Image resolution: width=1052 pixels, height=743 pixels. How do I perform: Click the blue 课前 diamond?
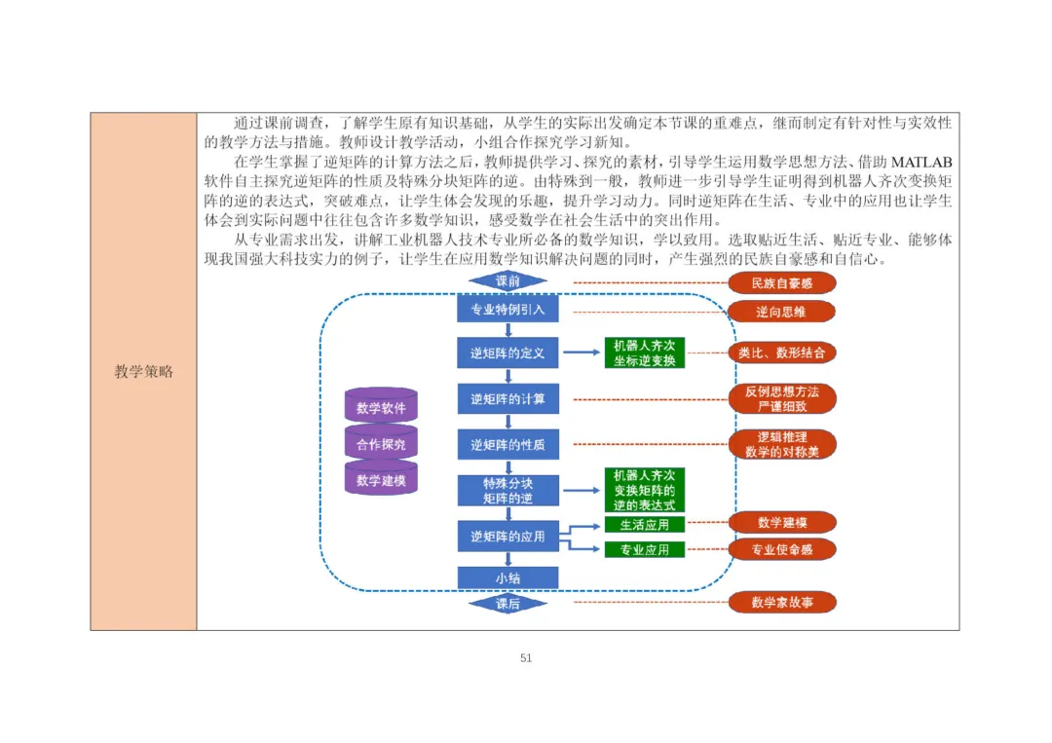(507, 281)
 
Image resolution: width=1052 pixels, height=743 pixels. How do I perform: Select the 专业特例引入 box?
(507, 309)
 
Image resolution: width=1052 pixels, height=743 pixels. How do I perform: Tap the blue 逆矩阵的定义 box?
(507, 353)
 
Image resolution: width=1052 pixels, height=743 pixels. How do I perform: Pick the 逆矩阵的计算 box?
(507, 399)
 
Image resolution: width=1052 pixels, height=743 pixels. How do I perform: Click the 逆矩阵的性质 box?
(507, 445)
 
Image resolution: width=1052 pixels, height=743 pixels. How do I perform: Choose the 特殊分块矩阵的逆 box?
(507, 491)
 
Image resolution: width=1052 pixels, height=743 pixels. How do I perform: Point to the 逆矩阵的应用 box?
(507, 537)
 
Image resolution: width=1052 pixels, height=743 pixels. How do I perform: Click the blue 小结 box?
(507, 578)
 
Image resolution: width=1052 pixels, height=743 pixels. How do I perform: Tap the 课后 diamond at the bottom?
(507, 604)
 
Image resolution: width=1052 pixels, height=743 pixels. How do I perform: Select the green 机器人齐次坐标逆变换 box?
(644, 353)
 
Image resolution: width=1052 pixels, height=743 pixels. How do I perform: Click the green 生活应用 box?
(644, 525)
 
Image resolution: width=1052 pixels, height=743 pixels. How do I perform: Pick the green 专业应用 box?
(644, 550)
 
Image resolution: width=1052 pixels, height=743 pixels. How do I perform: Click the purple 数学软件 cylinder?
(381, 406)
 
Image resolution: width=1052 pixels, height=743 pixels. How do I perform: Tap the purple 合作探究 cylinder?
(381, 443)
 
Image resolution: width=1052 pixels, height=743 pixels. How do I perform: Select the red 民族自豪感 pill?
(782, 283)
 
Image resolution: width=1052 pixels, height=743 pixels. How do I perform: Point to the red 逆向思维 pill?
(781, 312)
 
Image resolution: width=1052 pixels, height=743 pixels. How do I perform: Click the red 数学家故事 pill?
(782, 602)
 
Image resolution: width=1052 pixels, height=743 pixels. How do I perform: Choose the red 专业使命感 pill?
(782, 550)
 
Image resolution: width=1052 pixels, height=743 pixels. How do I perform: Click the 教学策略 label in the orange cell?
(143, 372)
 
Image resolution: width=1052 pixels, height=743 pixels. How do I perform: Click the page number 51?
(526, 658)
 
